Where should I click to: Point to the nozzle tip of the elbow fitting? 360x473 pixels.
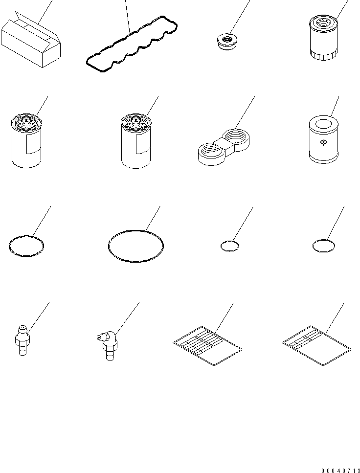click(98, 337)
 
